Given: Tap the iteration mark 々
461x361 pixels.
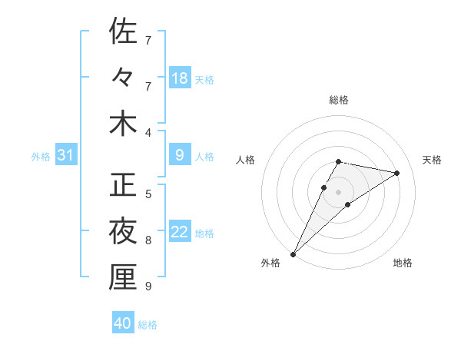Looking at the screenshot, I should tap(123, 78).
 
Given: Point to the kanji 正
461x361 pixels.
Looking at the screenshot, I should tap(123, 184).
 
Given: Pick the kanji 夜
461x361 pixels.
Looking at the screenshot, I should tap(123, 230).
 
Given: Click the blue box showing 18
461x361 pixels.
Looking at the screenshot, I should tap(180, 78).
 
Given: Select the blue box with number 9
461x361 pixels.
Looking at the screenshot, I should tap(180, 156).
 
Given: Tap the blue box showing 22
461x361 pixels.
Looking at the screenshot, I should tap(180, 232).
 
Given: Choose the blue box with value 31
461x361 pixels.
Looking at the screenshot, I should tap(66, 156).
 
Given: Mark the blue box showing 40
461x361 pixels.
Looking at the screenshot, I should tap(123, 323).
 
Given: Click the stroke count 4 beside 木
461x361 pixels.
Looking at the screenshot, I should tap(148, 133).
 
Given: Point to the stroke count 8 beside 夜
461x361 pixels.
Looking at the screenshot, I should tap(148, 240).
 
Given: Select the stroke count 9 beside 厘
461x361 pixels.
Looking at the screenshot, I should tap(148, 286).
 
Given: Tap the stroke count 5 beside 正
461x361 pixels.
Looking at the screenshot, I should tap(148, 194).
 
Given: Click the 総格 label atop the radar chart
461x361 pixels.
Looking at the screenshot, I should tap(338, 100).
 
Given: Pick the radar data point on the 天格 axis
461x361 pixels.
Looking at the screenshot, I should tap(396, 173).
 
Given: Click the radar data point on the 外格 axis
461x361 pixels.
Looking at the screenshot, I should tap(293, 253).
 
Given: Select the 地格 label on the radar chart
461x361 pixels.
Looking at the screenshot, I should tap(403, 263).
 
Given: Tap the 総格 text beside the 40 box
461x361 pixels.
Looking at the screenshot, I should tap(148, 325).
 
